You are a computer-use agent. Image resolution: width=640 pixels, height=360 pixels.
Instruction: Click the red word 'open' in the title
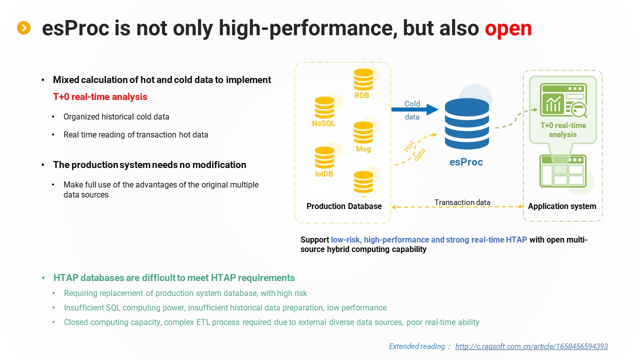point(508,28)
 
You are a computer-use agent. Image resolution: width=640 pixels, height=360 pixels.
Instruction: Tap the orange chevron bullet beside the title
point(23,27)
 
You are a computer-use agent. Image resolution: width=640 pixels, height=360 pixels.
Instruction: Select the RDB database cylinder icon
point(363,79)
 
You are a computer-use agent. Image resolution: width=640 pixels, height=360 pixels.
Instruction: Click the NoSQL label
point(323,123)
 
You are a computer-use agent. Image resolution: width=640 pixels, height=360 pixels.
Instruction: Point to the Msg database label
point(363,149)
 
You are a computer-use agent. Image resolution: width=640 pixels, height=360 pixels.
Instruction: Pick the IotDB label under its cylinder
point(324,173)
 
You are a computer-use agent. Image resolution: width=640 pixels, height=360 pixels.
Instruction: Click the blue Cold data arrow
point(415,109)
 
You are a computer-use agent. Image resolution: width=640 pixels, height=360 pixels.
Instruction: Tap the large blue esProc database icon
point(467,123)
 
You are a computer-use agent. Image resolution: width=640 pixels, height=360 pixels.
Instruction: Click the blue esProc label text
point(466,162)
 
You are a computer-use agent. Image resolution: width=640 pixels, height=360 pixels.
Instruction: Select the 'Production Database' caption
point(344,206)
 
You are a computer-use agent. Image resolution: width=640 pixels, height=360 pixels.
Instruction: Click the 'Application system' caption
point(562,206)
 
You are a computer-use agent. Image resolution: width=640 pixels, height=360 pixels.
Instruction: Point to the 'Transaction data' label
point(462,202)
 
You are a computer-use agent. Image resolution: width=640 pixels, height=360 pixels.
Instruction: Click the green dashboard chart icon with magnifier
point(563,100)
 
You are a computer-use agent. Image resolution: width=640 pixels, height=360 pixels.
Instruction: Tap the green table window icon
point(563,171)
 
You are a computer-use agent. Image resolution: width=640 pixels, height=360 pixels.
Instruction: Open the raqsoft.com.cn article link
point(531,346)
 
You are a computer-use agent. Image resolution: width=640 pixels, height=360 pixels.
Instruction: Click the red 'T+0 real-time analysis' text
point(100,97)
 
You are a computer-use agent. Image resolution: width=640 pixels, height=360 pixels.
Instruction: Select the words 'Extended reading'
point(417,346)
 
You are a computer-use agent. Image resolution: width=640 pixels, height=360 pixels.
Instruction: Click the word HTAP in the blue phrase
point(516,239)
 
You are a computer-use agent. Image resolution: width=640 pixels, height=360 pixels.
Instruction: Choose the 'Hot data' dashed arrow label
point(414,150)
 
